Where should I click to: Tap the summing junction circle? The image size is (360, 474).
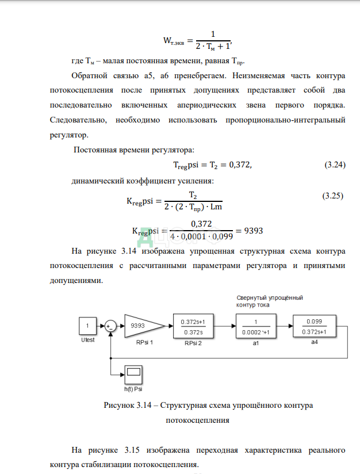(111, 326)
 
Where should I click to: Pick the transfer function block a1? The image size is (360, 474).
(254, 326)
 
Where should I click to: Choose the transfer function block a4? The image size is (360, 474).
(313, 326)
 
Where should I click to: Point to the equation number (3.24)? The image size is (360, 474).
(335, 165)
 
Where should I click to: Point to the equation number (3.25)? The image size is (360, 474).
(333, 196)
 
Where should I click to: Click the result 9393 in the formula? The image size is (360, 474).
(254, 231)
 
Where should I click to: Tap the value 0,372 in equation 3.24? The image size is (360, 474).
(238, 165)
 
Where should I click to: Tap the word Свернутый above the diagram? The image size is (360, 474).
(251, 297)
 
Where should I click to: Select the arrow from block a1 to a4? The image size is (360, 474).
(283, 326)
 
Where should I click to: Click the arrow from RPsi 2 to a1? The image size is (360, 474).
(226, 326)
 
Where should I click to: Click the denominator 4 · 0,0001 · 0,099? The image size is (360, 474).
(200, 236)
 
